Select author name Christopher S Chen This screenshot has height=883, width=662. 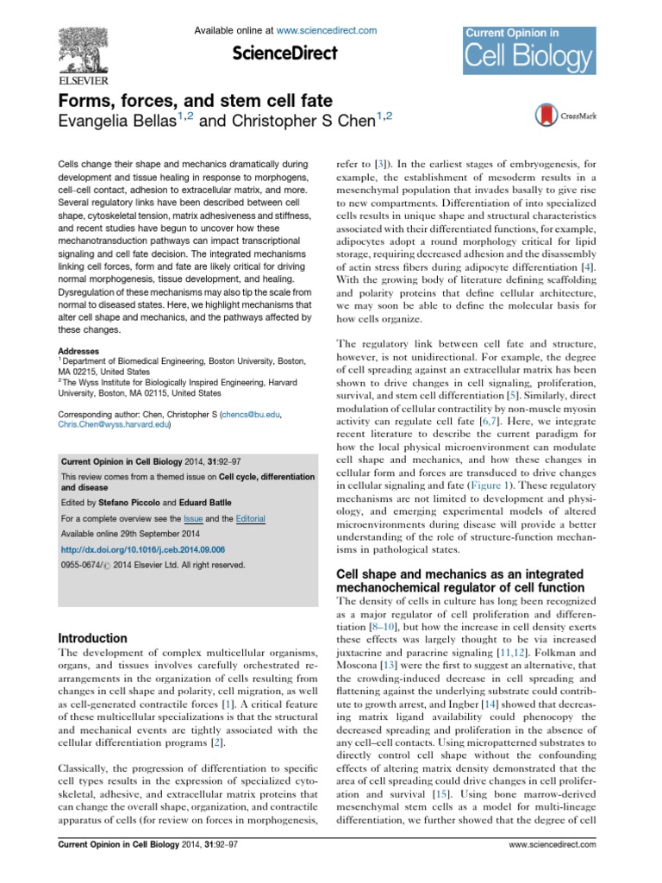pos(287,122)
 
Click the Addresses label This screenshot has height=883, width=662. pos(78,351)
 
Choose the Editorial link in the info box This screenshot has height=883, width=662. pos(247,519)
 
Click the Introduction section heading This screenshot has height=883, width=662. pos(94,638)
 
